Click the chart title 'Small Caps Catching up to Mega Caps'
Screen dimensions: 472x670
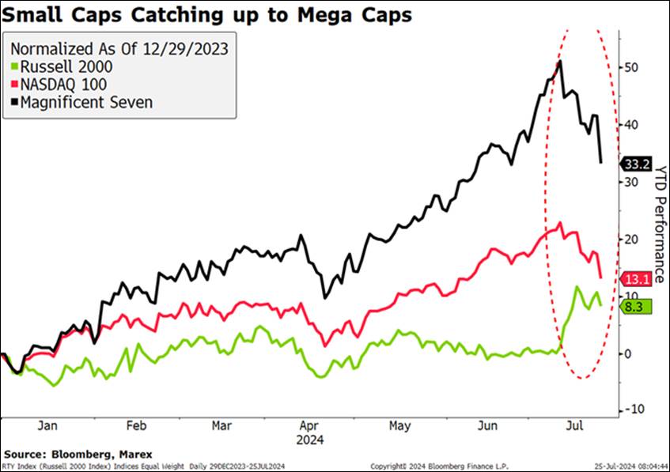(208, 15)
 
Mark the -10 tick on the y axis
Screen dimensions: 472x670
(632, 410)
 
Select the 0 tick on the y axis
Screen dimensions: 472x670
(629, 353)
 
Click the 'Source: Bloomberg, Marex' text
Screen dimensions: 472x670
(63, 455)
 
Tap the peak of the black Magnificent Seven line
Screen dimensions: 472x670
(560, 61)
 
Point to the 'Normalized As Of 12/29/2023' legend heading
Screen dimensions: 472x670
(118, 49)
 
